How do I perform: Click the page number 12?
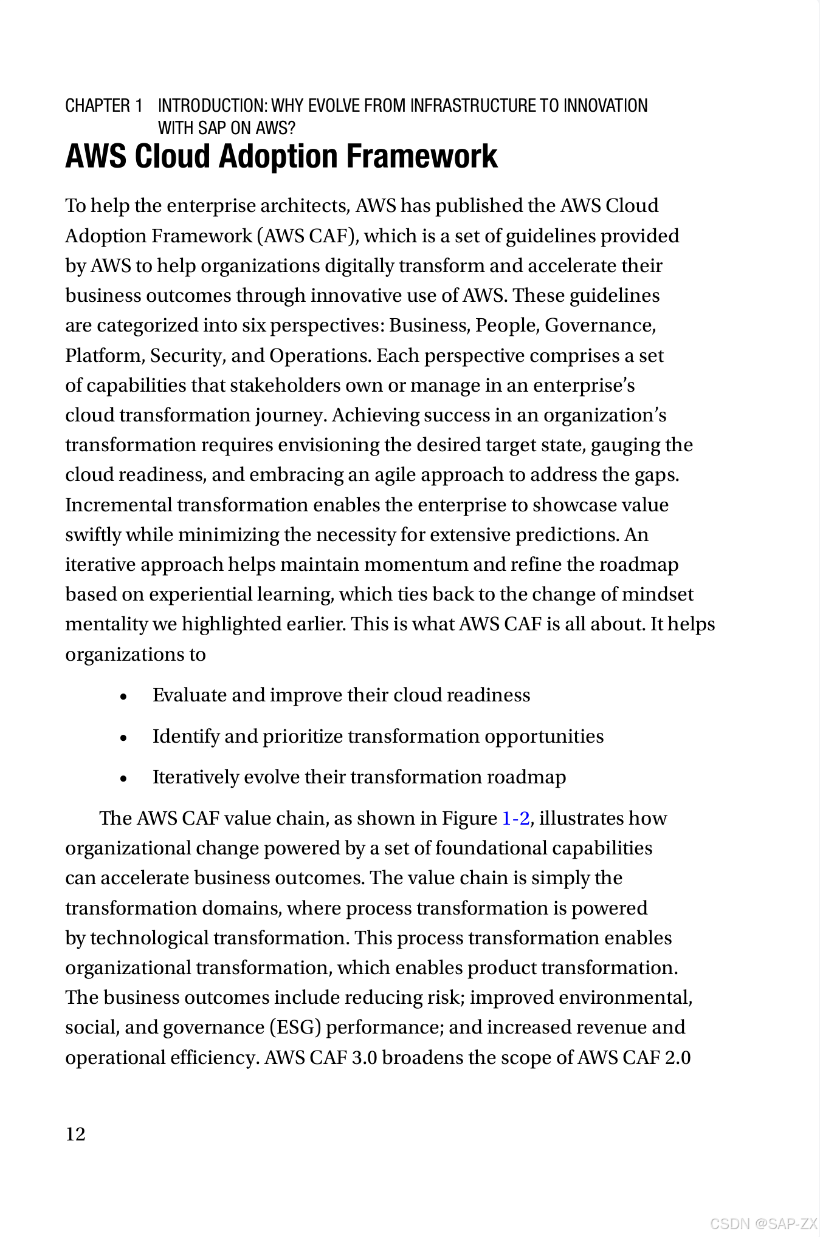click(75, 1134)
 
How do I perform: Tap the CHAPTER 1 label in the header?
click(104, 106)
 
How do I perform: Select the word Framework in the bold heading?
click(421, 156)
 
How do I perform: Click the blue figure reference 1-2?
click(515, 818)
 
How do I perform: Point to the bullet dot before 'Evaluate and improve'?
click(124, 697)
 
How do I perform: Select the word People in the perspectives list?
click(507, 325)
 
